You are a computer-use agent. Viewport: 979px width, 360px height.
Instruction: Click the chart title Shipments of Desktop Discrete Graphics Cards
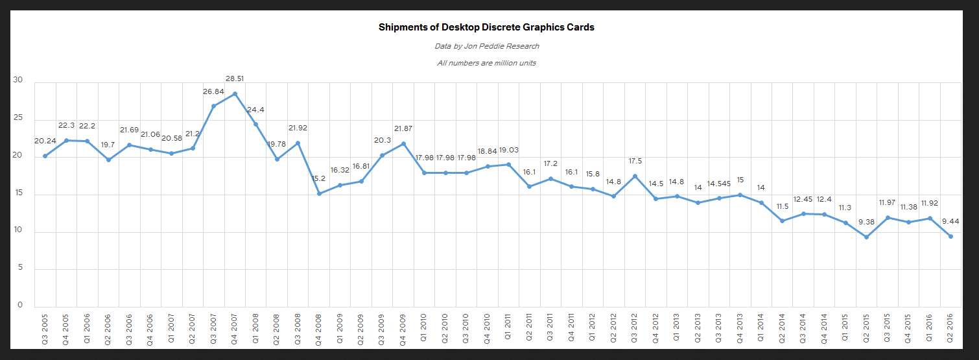[x=486, y=28]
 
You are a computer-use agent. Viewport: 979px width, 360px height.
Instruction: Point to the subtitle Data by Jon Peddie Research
[x=486, y=46]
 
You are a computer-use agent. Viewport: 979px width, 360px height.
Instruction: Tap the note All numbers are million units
[x=486, y=63]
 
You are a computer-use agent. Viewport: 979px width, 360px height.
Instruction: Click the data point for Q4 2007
[x=235, y=93]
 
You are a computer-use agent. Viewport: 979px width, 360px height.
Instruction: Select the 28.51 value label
[x=235, y=79]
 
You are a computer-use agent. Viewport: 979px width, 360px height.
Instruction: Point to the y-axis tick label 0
[x=20, y=305]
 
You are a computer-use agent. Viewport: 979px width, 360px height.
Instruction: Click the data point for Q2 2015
[x=866, y=237]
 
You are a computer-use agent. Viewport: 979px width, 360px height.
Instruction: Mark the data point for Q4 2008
[x=319, y=193]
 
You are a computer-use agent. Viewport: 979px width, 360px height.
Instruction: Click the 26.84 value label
[x=213, y=91]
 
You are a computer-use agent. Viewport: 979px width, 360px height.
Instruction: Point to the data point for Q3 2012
[x=635, y=176]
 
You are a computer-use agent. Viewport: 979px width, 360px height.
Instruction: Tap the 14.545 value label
[x=719, y=184]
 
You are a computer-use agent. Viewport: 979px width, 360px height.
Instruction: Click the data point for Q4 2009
[x=403, y=144]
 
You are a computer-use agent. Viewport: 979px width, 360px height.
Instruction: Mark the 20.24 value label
[x=45, y=141]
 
